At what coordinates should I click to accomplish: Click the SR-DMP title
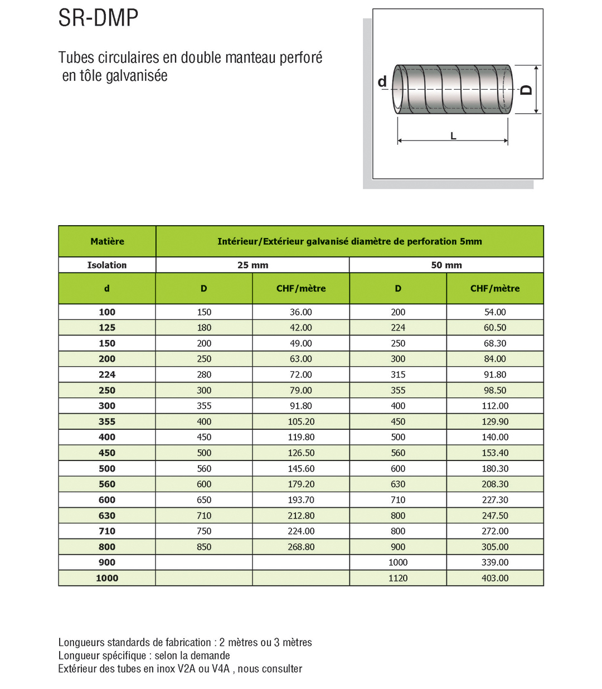98,18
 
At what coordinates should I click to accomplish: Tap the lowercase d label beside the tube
382,82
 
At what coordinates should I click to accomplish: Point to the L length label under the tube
453,136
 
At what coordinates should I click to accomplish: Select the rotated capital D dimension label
526,90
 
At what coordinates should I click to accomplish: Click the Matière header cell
107,241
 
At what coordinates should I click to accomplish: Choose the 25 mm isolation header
253,265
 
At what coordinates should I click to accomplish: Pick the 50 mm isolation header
446,265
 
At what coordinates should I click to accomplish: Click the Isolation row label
107,265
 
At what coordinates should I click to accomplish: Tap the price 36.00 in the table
300,312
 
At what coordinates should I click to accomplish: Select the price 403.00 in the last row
495,578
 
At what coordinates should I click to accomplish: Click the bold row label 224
107,375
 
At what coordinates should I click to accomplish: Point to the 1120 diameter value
398,578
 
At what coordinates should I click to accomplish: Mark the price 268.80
300,547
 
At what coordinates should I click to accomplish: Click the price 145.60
300,469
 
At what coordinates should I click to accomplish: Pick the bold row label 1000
107,578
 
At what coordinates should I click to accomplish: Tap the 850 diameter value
204,547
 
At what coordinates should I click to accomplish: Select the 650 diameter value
204,500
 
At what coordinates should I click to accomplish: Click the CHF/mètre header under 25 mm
300,289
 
